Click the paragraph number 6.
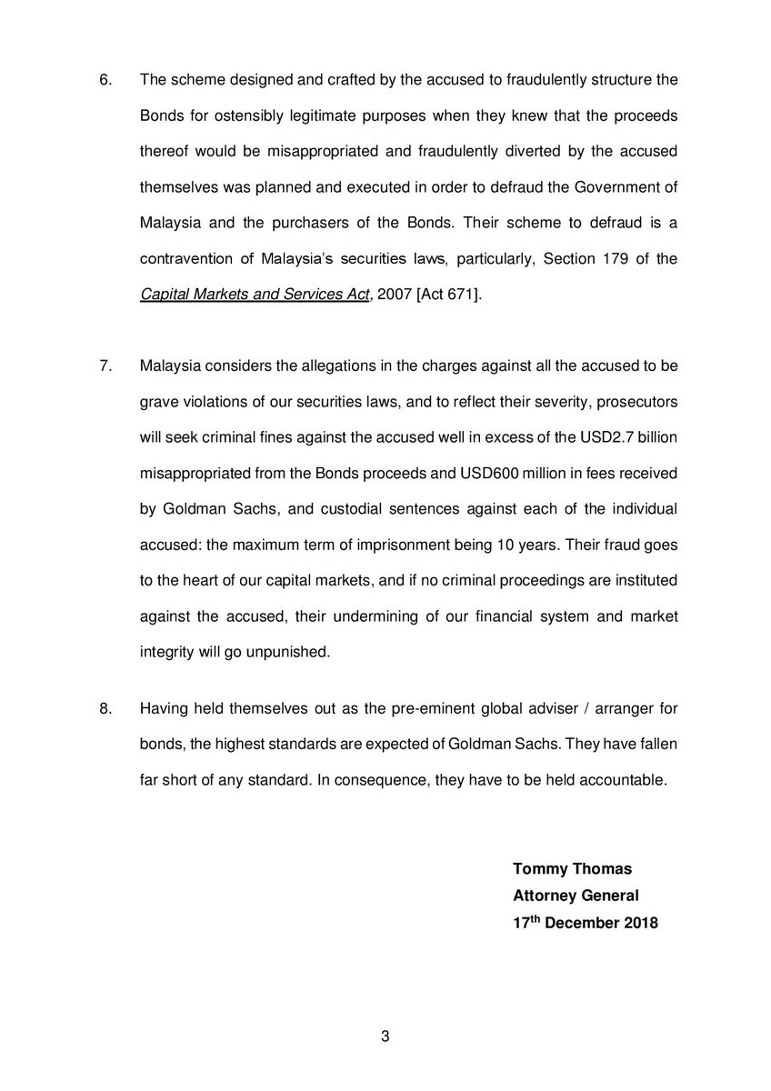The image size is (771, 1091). pos(105,79)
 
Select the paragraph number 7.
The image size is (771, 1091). pos(105,366)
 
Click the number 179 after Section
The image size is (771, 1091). pos(629,258)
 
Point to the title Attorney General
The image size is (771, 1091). pos(576,895)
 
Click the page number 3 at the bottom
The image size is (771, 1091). pos(385,1036)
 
